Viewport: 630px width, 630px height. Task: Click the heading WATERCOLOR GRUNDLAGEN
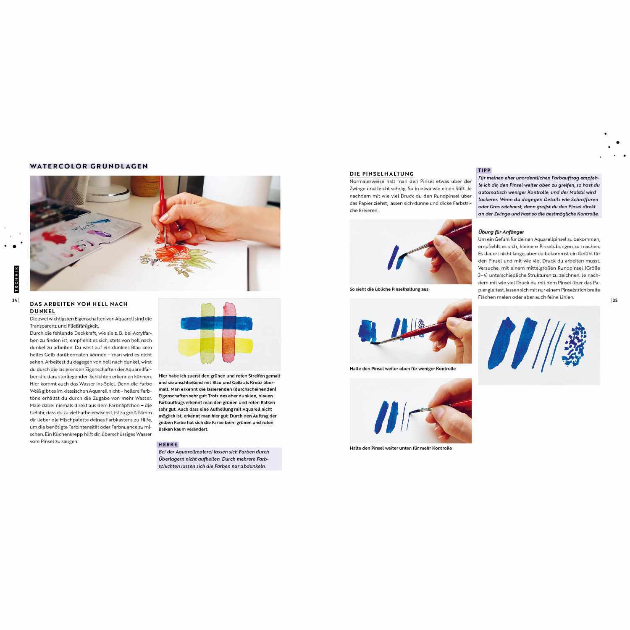[89, 166]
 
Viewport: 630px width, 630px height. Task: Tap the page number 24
[14, 300]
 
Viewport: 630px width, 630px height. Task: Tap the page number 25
[615, 300]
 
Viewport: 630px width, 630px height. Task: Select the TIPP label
[484, 170]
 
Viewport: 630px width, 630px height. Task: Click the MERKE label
[168, 444]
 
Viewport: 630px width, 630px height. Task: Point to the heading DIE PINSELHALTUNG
[382, 173]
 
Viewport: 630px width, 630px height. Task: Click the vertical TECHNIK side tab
[16, 279]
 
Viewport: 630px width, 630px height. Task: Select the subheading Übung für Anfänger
[501, 232]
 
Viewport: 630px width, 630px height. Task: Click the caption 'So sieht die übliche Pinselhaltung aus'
[389, 289]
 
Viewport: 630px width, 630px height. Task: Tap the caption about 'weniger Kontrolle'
[402, 369]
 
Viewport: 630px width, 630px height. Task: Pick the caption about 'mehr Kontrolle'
[401, 448]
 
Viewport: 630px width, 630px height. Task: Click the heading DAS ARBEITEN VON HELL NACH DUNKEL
[79, 307]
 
